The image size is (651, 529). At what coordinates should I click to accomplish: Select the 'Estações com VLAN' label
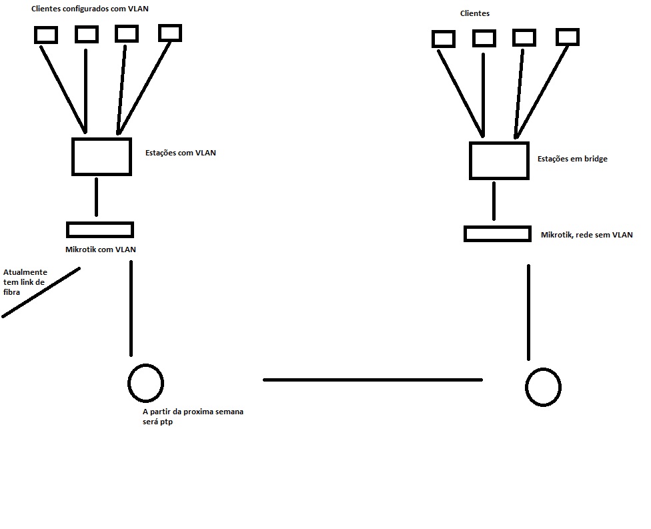point(180,153)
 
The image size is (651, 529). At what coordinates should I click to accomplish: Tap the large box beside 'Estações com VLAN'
point(101,157)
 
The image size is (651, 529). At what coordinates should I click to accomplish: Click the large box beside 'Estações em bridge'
point(499,161)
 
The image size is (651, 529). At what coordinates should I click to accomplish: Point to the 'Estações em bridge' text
point(572,159)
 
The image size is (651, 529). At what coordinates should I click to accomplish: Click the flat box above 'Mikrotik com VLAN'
point(100,229)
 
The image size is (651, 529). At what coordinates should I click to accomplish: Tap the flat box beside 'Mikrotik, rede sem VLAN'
point(498,233)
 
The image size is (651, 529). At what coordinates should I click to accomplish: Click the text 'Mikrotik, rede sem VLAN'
point(586,235)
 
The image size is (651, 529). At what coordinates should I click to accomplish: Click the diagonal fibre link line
point(41,292)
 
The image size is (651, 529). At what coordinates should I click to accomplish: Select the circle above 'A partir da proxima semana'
point(145,382)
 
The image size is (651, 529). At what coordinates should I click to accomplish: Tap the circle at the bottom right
point(543,387)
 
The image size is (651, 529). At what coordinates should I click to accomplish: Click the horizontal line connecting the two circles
point(372,380)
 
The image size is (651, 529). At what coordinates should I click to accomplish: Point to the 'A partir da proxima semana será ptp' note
point(193,417)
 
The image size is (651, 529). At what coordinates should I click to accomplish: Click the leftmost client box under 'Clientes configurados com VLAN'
point(46,34)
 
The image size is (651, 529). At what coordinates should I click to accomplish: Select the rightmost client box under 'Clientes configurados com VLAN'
point(169,32)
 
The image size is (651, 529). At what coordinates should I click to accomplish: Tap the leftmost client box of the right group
point(444,39)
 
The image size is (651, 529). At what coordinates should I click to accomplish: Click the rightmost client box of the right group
point(568,36)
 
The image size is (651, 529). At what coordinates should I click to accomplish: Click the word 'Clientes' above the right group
point(475,13)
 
